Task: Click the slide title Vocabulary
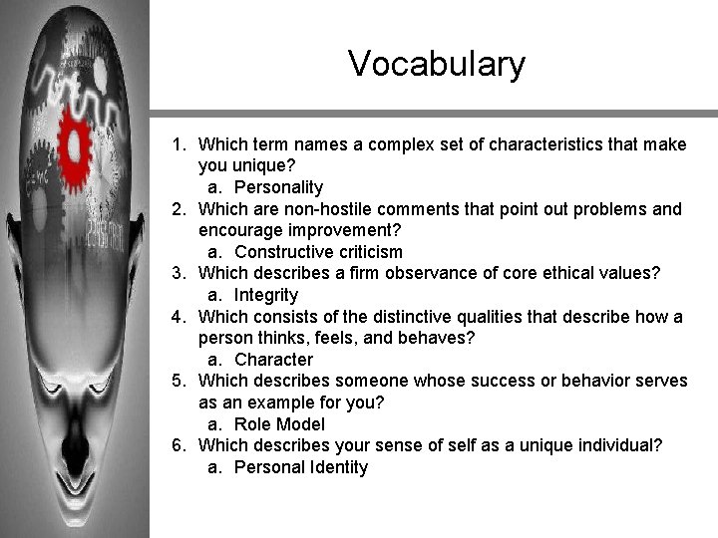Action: point(436,64)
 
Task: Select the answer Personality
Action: point(278,187)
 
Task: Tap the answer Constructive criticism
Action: point(318,252)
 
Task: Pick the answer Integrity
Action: point(265,295)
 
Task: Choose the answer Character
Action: point(273,360)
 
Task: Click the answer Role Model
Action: point(279,424)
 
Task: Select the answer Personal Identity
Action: point(300,467)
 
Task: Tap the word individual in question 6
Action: point(617,445)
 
